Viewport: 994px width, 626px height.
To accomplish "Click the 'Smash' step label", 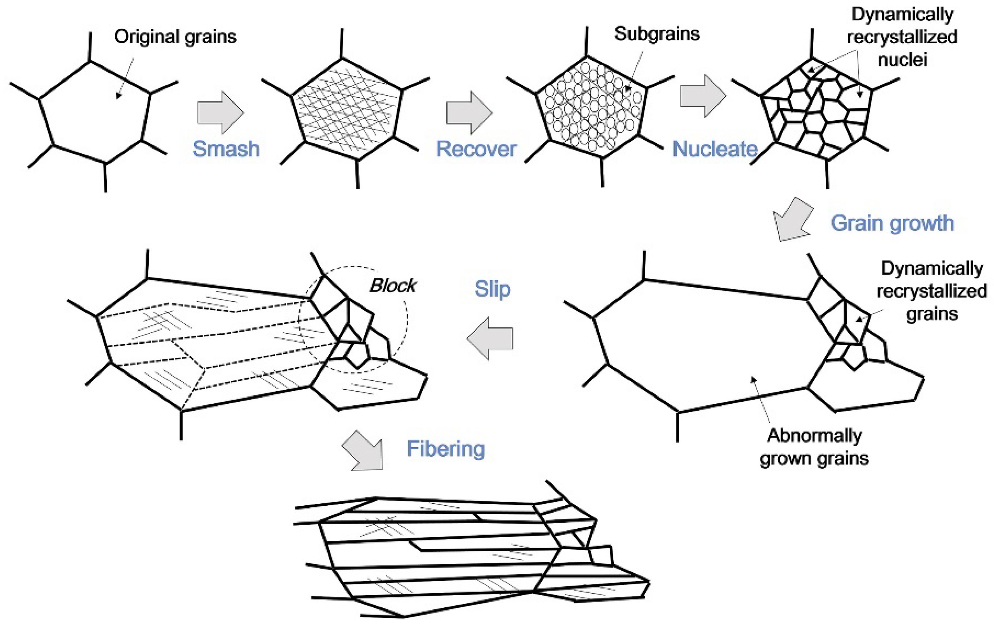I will pos(226,149).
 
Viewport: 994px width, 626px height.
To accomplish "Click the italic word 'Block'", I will pos(392,285).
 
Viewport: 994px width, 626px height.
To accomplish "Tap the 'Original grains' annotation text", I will pos(175,37).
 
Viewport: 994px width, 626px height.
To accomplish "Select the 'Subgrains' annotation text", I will pos(656,33).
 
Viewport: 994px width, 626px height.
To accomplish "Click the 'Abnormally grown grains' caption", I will pos(814,447).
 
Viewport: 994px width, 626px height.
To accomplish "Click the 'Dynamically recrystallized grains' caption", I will pos(931,291).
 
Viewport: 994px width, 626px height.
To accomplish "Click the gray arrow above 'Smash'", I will pos(221,113).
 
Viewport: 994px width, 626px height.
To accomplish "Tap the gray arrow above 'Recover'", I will pos(469,113).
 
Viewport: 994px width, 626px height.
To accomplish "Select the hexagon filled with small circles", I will pos(591,107).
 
